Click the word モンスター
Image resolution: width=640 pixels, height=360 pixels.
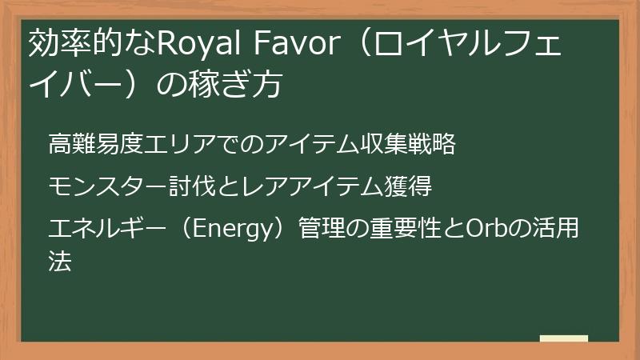pos(100,187)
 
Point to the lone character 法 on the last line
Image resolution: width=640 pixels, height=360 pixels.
pos(60,260)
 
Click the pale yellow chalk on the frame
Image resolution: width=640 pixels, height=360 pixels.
pos(563,338)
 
